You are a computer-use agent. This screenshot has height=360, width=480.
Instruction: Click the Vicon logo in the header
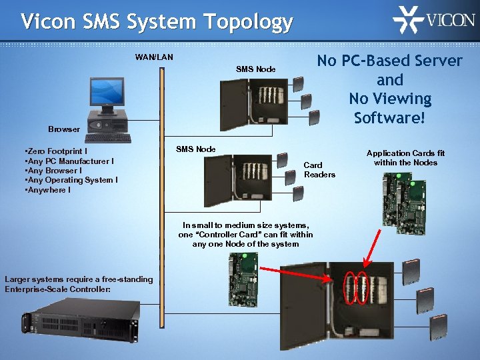coord(433,20)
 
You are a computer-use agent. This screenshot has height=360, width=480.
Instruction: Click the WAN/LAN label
coord(154,57)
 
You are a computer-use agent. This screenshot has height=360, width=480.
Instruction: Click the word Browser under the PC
coord(64,129)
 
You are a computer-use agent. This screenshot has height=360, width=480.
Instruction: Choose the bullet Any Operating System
coord(71,180)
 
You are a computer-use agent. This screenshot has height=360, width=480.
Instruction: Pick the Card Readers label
coord(319,169)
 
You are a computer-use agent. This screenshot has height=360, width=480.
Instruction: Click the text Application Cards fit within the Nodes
coord(405,158)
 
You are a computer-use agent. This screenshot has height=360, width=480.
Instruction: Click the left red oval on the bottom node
coord(350,287)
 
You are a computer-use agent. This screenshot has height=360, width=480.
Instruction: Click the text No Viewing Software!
coord(390,108)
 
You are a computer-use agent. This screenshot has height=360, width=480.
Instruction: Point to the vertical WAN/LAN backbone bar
coord(161,200)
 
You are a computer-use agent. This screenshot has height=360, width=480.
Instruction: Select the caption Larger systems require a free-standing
coord(79,279)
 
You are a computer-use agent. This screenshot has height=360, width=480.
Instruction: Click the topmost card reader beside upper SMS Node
coord(297,84)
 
